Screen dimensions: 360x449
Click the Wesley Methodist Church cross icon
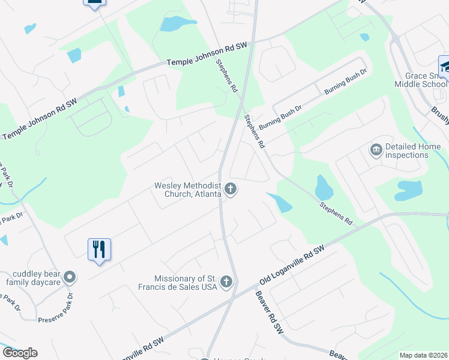pyautogui.click(x=230, y=190)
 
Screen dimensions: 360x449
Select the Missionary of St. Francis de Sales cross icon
pyautogui.click(x=226, y=282)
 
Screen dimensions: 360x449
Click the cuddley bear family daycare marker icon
pyautogui.click(x=70, y=277)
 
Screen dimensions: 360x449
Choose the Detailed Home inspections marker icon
pyautogui.click(x=376, y=149)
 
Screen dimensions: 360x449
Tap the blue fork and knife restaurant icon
pyautogui.click(x=100, y=249)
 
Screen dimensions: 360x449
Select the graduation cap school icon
pyautogui.click(x=444, y=65)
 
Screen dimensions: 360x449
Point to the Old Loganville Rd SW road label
pyautogui.click(x=292, y=265)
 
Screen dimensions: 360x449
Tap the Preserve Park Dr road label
pyautogui.click(x=56, y=315)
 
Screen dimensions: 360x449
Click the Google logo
pyautogui.click(x=20, y=353)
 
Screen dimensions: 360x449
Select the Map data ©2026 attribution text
pyautogui.click(x=423, y=355)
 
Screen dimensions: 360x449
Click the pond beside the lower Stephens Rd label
pyautogui.click(x=324, y=188)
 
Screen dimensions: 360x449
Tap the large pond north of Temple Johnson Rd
pyautogui.click(x=178, y=23)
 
